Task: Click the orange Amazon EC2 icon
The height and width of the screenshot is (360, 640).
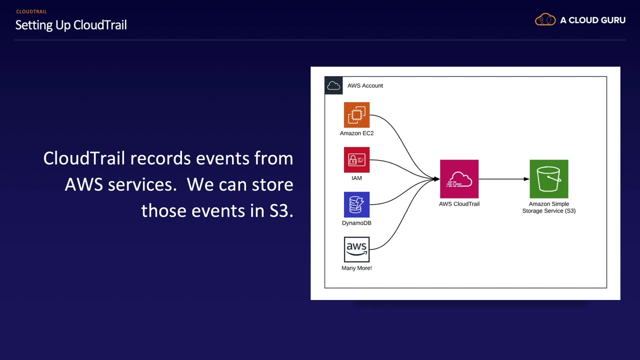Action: click(356, 115)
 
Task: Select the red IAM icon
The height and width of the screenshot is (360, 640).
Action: click(356, 160)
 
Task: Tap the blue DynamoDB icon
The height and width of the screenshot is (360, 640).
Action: click(356, 205)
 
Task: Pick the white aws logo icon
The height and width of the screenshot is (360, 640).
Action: click(356, 249)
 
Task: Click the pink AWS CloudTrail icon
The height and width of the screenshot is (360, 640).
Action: click(459, 179)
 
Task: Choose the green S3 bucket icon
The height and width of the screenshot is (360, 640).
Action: click(548, 179)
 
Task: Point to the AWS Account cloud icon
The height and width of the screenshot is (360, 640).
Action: click(333, 85)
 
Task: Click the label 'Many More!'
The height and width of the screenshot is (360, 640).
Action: click(356, 268)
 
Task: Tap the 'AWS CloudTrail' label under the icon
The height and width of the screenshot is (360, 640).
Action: click(459, 204)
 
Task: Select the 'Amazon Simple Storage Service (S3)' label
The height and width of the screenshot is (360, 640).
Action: click(548, 207)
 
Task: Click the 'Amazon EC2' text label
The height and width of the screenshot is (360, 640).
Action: click(356, 133)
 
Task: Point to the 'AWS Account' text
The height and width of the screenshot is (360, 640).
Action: click(365, 85)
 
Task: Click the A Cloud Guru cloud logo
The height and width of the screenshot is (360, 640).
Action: click(545, 20)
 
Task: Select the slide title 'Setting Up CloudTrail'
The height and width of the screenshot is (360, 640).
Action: click(71, 25)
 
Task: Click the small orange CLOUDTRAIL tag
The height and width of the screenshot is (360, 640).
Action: click(31, 11)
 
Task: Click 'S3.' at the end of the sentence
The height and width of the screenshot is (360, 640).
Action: click(281, 210)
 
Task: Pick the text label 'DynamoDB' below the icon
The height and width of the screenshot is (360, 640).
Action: click(356, 223)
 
